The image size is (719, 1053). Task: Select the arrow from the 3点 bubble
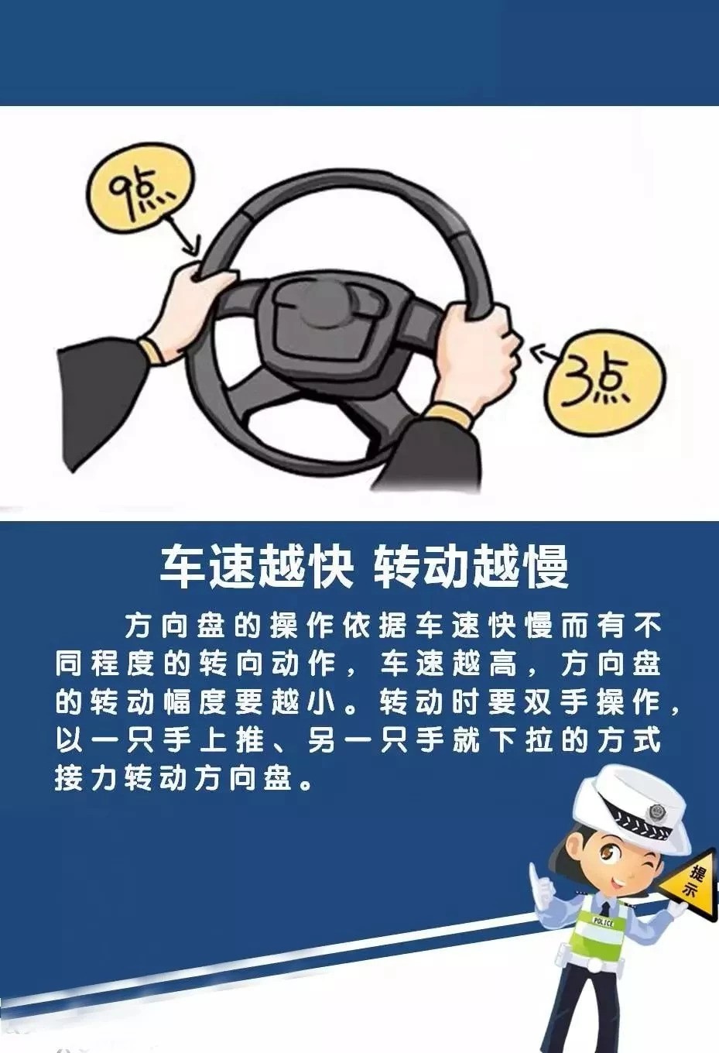tap(546, 354)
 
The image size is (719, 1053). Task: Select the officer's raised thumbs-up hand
tap(540, 883)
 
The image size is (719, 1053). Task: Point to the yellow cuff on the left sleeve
tap(155, 350)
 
